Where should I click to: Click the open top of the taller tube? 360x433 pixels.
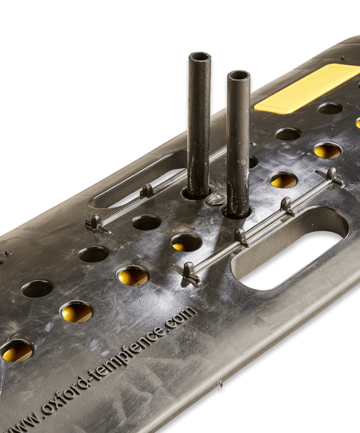click(x=200, y=58)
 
